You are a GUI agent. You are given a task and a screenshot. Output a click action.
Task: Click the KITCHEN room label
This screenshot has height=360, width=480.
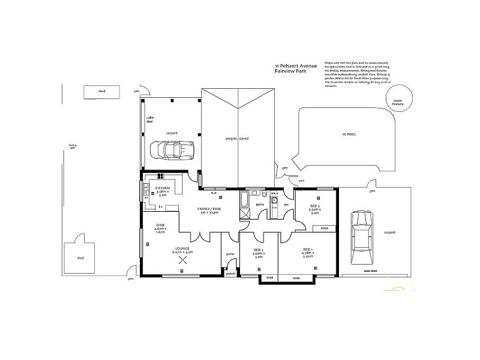(163, 188)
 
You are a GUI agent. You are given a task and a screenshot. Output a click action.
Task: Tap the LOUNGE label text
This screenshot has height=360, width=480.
(182, 248)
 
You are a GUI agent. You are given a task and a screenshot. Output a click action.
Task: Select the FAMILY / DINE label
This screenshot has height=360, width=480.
(210, 208)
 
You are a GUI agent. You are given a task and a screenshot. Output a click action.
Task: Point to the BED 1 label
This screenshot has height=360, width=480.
(307, 250)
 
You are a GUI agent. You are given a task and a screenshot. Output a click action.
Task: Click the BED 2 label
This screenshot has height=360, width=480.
(314, 205)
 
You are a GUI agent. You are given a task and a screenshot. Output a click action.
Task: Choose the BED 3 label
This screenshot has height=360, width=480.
(259, 250)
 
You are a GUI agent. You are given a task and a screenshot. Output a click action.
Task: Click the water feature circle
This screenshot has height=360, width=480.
(397, 102)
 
